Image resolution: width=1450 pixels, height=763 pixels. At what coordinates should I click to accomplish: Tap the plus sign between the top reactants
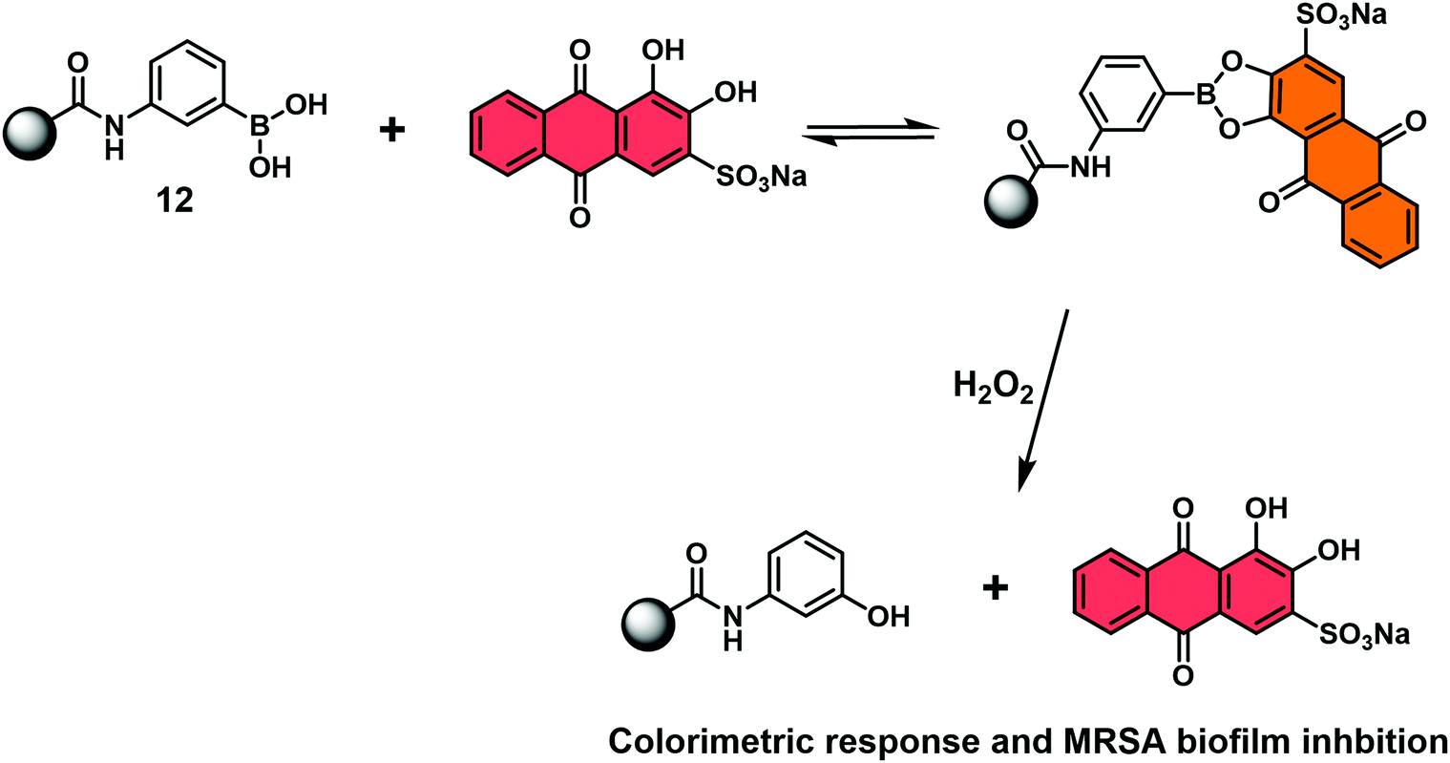pos(389,130)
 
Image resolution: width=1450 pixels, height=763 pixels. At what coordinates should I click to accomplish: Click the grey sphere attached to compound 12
pos(32,129)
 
